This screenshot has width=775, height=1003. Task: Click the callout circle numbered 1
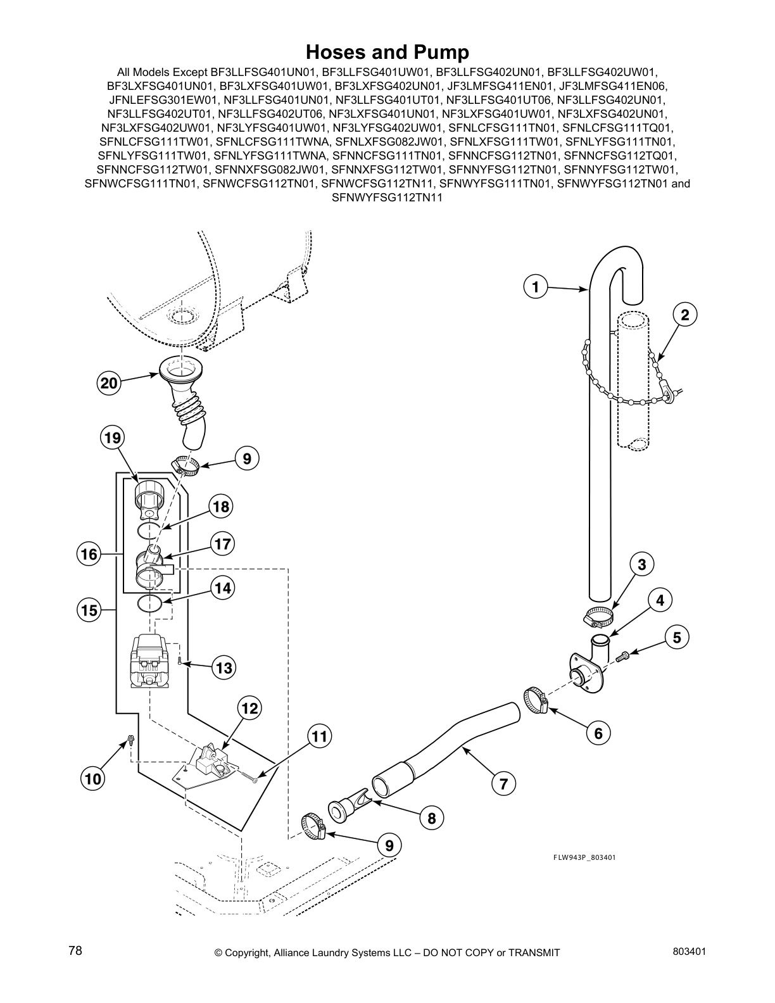pos(536,287)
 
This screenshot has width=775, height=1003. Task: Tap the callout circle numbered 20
pos(109,383)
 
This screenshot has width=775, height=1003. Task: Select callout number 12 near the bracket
pos(250,708)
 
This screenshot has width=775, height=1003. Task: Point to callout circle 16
pos(89,555)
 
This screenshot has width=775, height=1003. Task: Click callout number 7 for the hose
pos(503,784)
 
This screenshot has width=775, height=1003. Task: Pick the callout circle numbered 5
pos(677,637)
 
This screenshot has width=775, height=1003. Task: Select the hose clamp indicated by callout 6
pos(536,701)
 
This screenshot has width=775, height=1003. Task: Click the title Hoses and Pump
pos(387,51)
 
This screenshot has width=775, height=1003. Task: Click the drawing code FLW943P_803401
pos(584,857)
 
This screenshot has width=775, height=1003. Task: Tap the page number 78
pos(75,950)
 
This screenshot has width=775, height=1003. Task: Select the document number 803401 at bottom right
pos(690,950)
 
